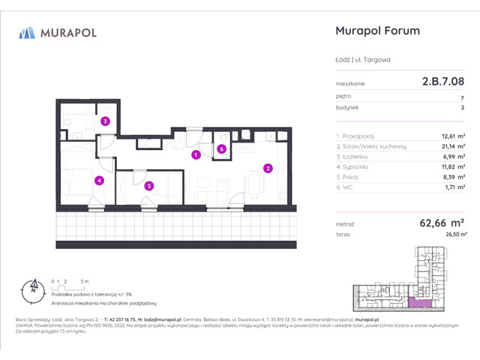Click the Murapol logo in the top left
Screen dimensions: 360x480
[x=57, y=32]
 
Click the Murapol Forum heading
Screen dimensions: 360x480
[x=375, y=31]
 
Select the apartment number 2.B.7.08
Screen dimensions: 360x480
[x=442, y=83]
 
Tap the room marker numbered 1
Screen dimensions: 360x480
[x=195, y=155]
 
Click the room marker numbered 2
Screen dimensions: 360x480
[x=267, y=168]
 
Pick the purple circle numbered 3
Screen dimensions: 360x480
[x=106, y=121]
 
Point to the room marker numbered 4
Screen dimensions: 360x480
[x=98, y=180]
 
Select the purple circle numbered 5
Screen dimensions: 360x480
[x=149, y=186]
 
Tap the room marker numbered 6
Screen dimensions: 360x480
[x=221, y=149]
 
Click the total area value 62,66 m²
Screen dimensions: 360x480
[x=442, y=223]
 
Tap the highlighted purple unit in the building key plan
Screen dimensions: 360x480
[x=423, y=302]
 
